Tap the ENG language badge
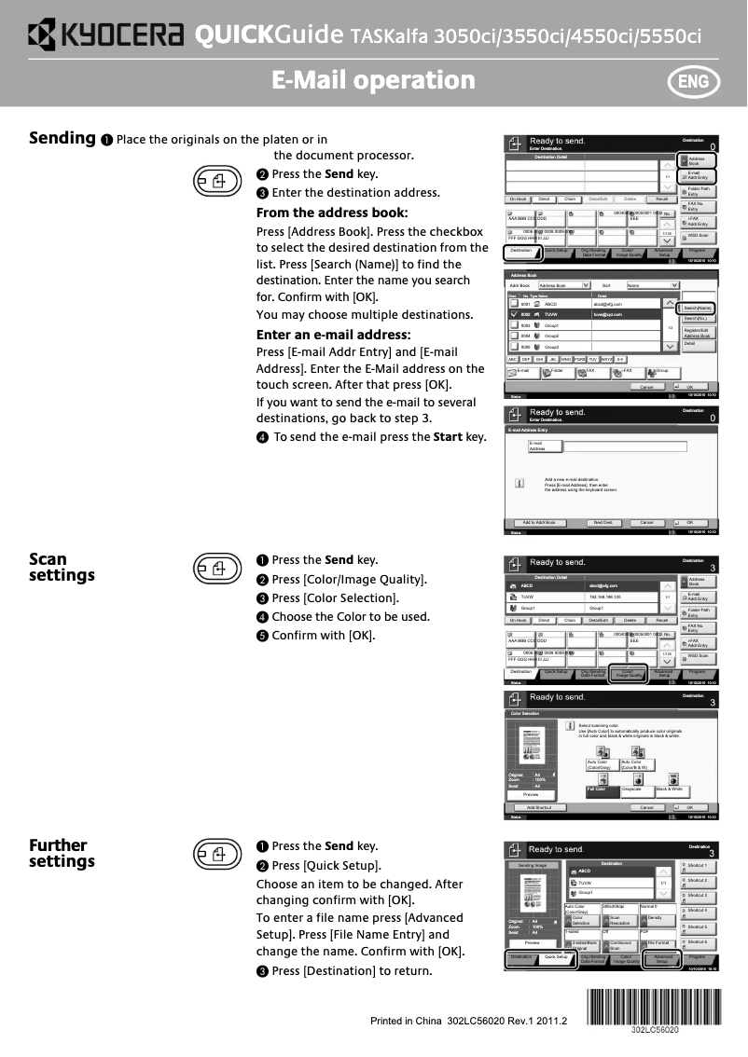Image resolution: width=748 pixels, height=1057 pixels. click(x=693, y=81)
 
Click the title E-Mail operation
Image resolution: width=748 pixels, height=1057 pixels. click(x=373, y=80)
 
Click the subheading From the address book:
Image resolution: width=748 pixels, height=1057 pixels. click(x=332, y=213)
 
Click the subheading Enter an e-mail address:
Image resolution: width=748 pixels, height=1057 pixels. click(x=333, y=334)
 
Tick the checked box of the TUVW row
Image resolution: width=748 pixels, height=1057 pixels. click(x=513, y=315)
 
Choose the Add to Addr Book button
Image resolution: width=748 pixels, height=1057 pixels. click(x=538, y=523)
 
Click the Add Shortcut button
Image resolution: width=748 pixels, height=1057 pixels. click(x=540, y=807)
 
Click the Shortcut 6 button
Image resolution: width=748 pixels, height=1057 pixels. click(x=697, y=944)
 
